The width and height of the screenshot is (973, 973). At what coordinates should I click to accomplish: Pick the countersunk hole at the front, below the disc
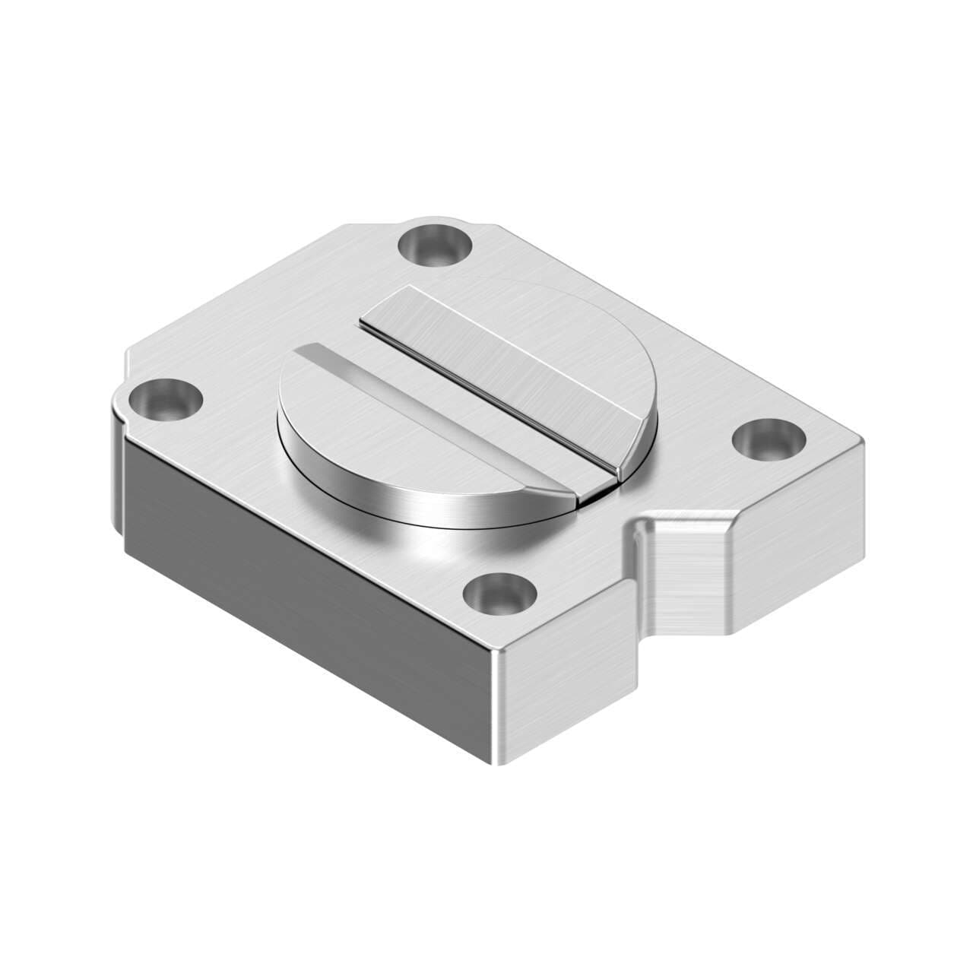pos(498,593)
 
